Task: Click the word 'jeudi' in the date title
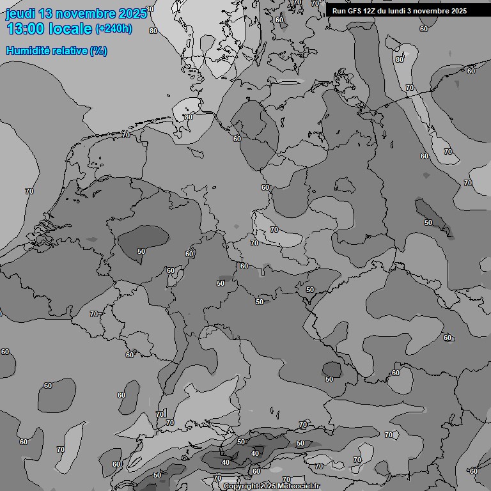point(21,14)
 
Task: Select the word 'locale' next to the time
point(72,29)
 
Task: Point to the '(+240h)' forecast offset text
point(114,29)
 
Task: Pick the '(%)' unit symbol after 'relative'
point(98,51)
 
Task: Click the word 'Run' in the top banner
point(339,11)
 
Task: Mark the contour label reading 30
point(150,10)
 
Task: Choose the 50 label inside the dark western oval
point(141,251)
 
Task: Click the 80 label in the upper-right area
point(400,59)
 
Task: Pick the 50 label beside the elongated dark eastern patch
point(428,222)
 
